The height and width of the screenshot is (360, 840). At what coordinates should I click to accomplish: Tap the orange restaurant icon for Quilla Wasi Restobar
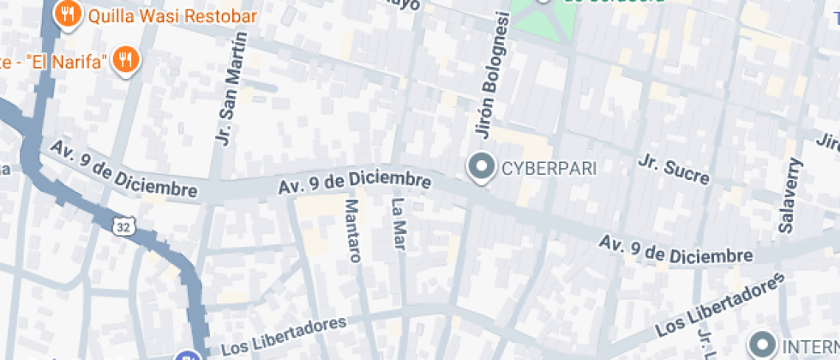[x=67, y=14]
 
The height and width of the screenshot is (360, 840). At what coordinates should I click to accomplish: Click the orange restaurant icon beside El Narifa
[x=127, y=60]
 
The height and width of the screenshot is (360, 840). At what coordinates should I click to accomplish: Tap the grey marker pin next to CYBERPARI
[x=481, y=166]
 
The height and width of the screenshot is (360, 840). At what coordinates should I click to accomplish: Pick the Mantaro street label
[x=352, y=230]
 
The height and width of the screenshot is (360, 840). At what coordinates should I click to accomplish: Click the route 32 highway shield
[x=123, y=225]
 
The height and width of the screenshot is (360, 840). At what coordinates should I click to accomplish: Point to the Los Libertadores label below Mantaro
[x=284, y=335]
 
